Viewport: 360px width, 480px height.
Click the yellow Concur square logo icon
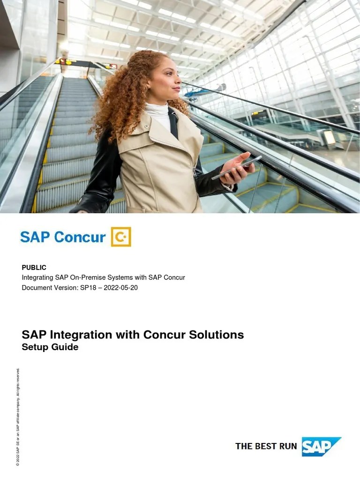tap(121, 237)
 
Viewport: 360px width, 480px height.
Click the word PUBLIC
tap(34, 267)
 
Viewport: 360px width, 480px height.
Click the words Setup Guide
tap(50, 347)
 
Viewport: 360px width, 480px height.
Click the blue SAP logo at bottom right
tap(321, 446)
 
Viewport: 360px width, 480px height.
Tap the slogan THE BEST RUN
tap(266, 446)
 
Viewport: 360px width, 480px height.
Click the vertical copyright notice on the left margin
tap(18, 417)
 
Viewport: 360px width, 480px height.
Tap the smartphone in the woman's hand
tap(236, 167)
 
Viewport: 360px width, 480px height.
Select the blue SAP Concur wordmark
tap(63, 237)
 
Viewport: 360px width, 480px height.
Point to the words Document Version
tap(47, 287)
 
